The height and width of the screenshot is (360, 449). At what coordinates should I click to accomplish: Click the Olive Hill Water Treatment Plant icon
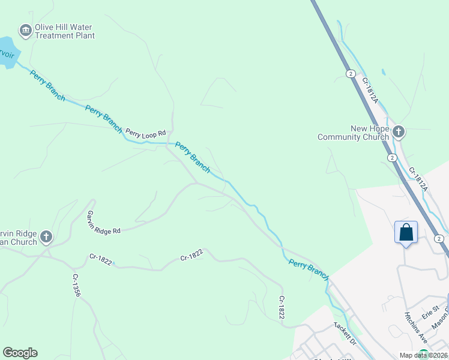click(25, 29)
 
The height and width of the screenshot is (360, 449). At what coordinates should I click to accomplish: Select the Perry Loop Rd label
click(145, 133)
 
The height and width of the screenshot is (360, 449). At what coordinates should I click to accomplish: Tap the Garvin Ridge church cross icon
click(46, 237)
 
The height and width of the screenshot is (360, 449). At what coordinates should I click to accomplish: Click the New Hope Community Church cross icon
click(399, 131)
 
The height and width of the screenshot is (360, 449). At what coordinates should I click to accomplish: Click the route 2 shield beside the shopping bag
click(440, 239)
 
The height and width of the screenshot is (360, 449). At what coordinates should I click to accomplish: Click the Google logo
click(20, 353)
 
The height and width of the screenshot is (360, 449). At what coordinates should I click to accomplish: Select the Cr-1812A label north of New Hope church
click(370, 89)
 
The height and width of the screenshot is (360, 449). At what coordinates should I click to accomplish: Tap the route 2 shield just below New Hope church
click(391, 158)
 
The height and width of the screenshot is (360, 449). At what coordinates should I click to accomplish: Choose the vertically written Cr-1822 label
click(281, 307)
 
